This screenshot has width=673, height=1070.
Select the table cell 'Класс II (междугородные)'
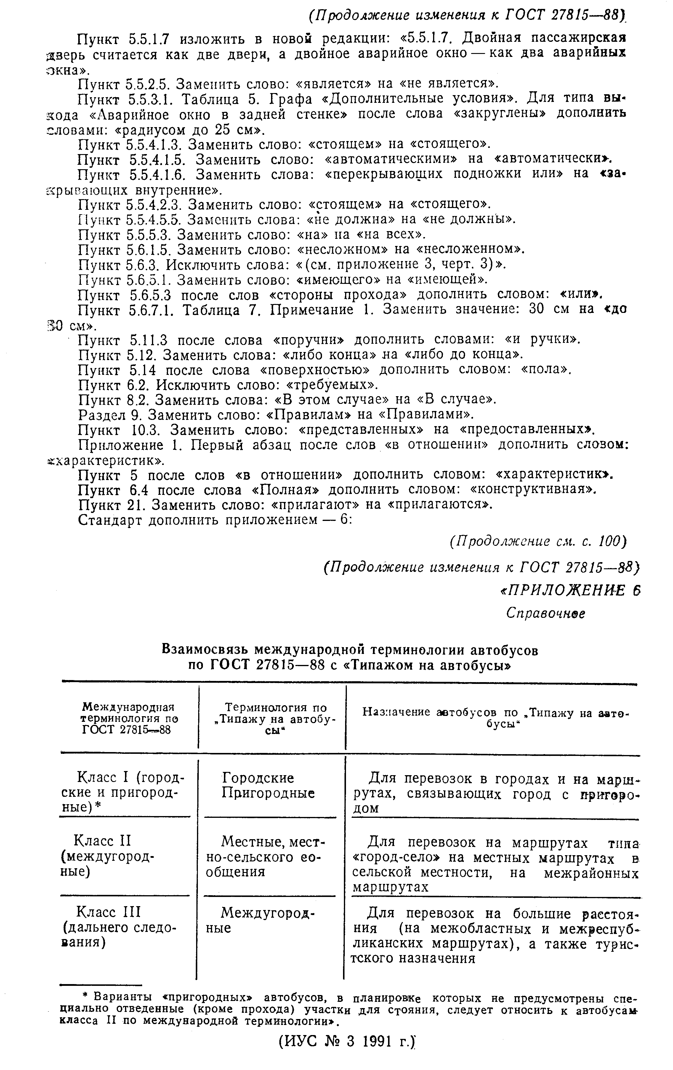tap(113, 855)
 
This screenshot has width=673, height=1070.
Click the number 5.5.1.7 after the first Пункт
tap(148, 39)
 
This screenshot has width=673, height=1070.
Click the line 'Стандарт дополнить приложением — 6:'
tap(215, 519)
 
